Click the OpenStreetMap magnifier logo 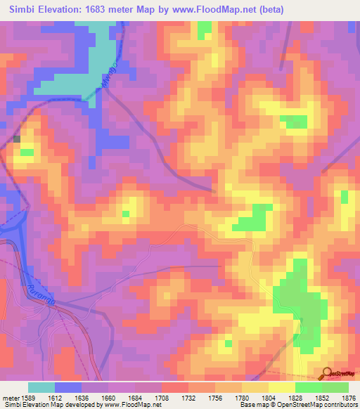[328, 374]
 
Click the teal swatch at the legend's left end [41, 387]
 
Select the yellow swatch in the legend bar [281, 387]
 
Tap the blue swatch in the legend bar [68, 387]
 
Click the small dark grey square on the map [17, 139]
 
